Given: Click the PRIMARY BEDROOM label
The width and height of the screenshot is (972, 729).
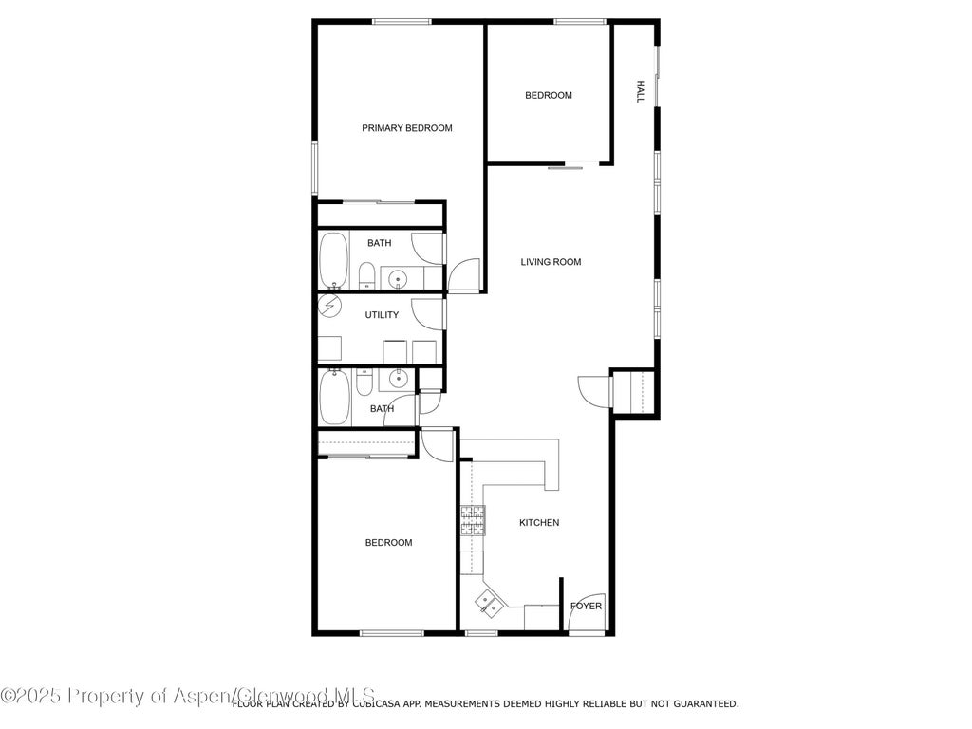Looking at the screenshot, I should point(406,128).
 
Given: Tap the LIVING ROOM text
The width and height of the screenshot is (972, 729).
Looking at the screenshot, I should point(551,262).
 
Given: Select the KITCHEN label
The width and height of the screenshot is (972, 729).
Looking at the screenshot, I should point(538,523).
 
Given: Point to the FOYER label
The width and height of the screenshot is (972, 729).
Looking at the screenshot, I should point(586,607).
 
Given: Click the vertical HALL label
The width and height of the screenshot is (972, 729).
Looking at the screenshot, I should point(641,92).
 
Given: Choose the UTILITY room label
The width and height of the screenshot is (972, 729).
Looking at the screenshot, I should point(382,315).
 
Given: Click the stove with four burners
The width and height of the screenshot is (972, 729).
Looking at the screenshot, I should point(473,520).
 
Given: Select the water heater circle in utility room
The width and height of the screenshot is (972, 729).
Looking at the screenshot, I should point(329,307).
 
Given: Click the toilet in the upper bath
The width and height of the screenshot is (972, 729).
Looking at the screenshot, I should point(365,276).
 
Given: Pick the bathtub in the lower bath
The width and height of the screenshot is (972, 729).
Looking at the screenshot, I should point(333,398).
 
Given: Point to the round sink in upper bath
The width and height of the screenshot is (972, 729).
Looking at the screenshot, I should point(398,278).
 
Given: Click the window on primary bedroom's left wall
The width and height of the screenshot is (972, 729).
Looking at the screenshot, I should point(315,169).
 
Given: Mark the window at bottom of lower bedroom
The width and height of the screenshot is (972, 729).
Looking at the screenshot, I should point(391,633).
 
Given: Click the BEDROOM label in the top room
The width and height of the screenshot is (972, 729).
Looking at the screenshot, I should point(549,95).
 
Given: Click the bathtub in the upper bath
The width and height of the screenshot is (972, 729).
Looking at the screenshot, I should point(333,260).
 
